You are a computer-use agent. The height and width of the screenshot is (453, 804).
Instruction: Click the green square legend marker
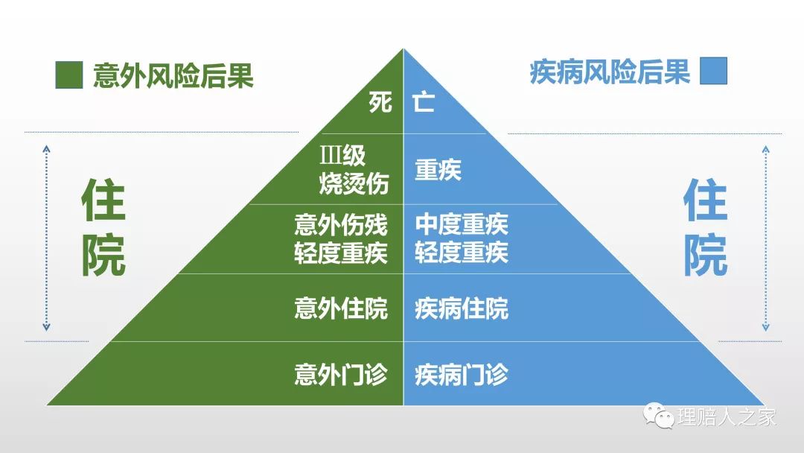[69, 75]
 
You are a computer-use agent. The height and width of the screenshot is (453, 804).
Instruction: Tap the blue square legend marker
[714, 71]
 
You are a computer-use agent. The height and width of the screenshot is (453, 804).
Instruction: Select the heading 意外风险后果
[173, 75]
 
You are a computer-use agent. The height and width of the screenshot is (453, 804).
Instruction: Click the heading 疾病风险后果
[610, 72]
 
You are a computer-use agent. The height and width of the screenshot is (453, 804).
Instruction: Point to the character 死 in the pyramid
[380, 101]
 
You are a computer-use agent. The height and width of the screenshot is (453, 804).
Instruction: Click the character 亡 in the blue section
[424, 101]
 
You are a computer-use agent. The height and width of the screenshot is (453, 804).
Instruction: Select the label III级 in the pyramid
[342, 155]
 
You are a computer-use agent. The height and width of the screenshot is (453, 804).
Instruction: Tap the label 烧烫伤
[354, 183]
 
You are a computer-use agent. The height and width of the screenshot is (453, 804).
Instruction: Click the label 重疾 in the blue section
[438, 170]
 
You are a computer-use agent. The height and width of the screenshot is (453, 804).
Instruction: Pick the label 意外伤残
[341, 225]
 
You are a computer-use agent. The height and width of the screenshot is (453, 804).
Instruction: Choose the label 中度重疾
[462, 224]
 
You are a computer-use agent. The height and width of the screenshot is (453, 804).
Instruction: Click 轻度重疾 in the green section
[341, 253]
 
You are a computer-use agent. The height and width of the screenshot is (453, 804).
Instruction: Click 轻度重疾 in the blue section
[462, 253]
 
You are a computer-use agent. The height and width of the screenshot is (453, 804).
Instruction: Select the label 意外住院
[341, 309]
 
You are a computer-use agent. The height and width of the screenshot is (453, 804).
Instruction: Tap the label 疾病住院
[462, 309]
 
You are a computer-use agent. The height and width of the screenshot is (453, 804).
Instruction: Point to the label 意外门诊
[341, 375]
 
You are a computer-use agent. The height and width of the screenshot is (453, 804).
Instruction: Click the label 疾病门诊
[462, 375]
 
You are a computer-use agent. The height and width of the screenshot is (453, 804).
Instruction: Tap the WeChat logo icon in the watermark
[658, 416]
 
